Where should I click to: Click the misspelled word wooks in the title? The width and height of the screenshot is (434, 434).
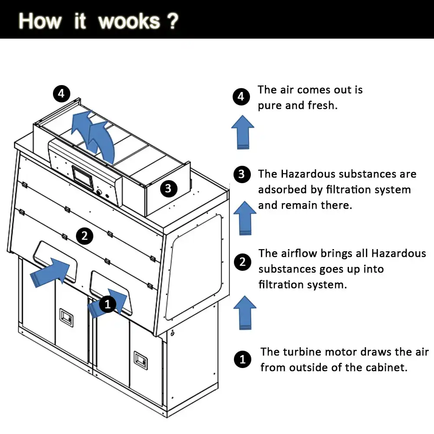point(129,21)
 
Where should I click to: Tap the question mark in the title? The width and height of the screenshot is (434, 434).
point(172,21)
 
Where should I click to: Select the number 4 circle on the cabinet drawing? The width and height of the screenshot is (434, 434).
point(61,93)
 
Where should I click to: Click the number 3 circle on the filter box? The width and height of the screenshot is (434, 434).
point(168,188)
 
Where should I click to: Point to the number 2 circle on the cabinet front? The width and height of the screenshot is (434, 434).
point(84,236)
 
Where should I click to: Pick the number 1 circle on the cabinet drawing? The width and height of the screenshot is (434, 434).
point(108,305)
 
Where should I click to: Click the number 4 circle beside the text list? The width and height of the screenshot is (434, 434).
point(241,96)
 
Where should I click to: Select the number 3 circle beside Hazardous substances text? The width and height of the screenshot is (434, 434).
point(242,174)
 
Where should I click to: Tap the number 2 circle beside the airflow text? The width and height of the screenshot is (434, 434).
point(242,262)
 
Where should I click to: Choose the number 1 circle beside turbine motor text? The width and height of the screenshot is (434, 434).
point(242,359)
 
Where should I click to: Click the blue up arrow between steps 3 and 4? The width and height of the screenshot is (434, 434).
point(243,132)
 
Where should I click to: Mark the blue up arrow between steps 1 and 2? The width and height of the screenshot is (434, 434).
point(245,312)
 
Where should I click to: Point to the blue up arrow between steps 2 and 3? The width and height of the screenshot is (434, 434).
point(245,218)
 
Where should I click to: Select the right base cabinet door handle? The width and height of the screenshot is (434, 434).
point(141,358)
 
